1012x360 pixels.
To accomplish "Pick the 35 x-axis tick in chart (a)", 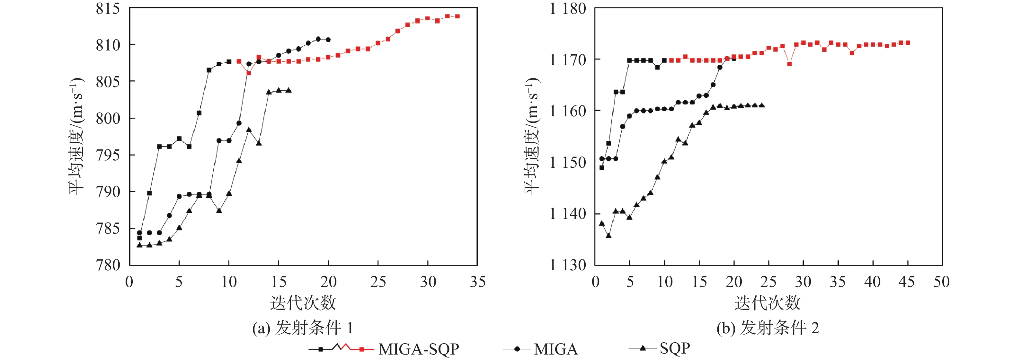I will pos(477,282).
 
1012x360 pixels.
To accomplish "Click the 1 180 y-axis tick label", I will pos(568,9).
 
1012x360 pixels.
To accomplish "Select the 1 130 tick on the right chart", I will pos(568,265).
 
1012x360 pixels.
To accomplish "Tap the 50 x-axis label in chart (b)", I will pos(942,282).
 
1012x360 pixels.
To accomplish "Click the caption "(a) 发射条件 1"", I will pos(303,328).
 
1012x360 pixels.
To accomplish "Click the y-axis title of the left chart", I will pos(76,136).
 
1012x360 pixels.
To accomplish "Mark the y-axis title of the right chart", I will pos(532,136).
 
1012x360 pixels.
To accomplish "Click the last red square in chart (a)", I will pos(457,16).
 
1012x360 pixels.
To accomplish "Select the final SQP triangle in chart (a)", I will pos(289,90).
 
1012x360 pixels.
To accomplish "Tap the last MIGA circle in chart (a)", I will pos(328,40).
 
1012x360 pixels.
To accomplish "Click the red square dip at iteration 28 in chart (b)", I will pos(789,64).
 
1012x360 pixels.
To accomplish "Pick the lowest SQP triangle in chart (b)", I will pos(608,236).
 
